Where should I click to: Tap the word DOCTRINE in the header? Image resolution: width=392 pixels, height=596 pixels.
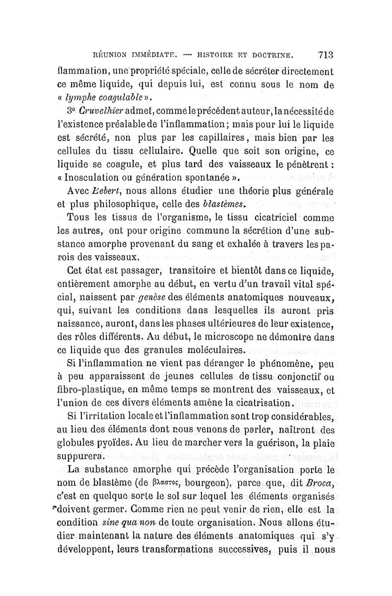click(x=268, y=54)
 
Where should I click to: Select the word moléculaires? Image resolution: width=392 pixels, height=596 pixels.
click(x=214, y=350)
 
